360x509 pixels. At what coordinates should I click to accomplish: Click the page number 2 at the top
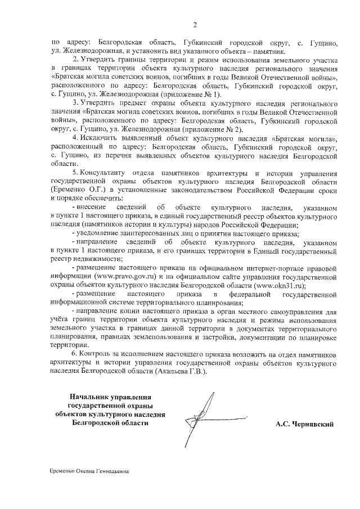coord(194,24)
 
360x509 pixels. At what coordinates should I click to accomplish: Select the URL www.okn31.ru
coord(273,285)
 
